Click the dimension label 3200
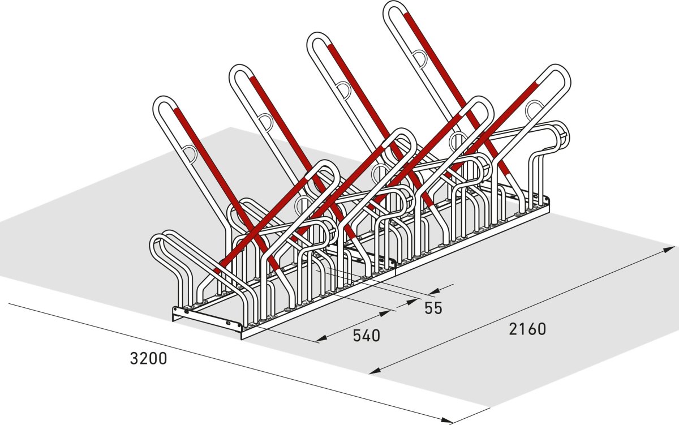(148, 358)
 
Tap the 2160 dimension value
(527, 329)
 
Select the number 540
(366, 336)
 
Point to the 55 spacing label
(433, 308)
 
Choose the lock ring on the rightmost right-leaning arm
(534, 108)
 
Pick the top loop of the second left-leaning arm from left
(242, 74)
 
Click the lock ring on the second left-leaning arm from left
(265, 119)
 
